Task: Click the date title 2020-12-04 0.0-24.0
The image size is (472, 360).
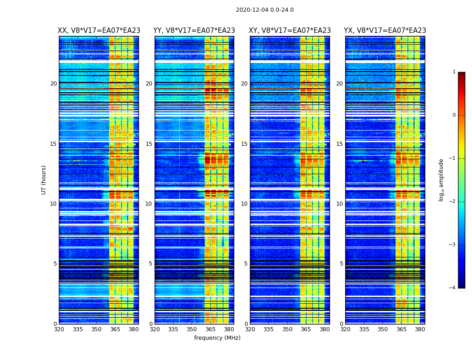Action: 265,10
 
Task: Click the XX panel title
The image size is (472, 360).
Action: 99,31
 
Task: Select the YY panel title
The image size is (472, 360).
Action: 194,31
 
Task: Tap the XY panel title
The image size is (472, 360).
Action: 290,31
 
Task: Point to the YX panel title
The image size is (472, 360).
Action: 385,31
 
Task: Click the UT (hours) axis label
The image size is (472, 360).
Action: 44,180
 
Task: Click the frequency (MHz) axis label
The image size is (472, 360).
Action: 217,338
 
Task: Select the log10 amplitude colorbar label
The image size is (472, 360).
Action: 441,180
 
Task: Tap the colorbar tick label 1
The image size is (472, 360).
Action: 454,72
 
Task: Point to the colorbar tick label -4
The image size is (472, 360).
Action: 453,288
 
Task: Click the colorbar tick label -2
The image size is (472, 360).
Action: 453,202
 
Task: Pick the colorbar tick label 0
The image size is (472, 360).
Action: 454,115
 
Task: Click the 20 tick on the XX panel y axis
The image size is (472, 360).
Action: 53,84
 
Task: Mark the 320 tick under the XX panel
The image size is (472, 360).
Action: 59,329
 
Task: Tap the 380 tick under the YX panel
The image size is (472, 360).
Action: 420,329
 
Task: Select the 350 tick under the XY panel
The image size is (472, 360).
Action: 287,329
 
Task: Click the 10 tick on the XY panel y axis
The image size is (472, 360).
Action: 244,204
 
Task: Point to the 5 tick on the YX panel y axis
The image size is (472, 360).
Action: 341,264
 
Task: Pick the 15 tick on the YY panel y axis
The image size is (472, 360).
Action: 149,144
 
